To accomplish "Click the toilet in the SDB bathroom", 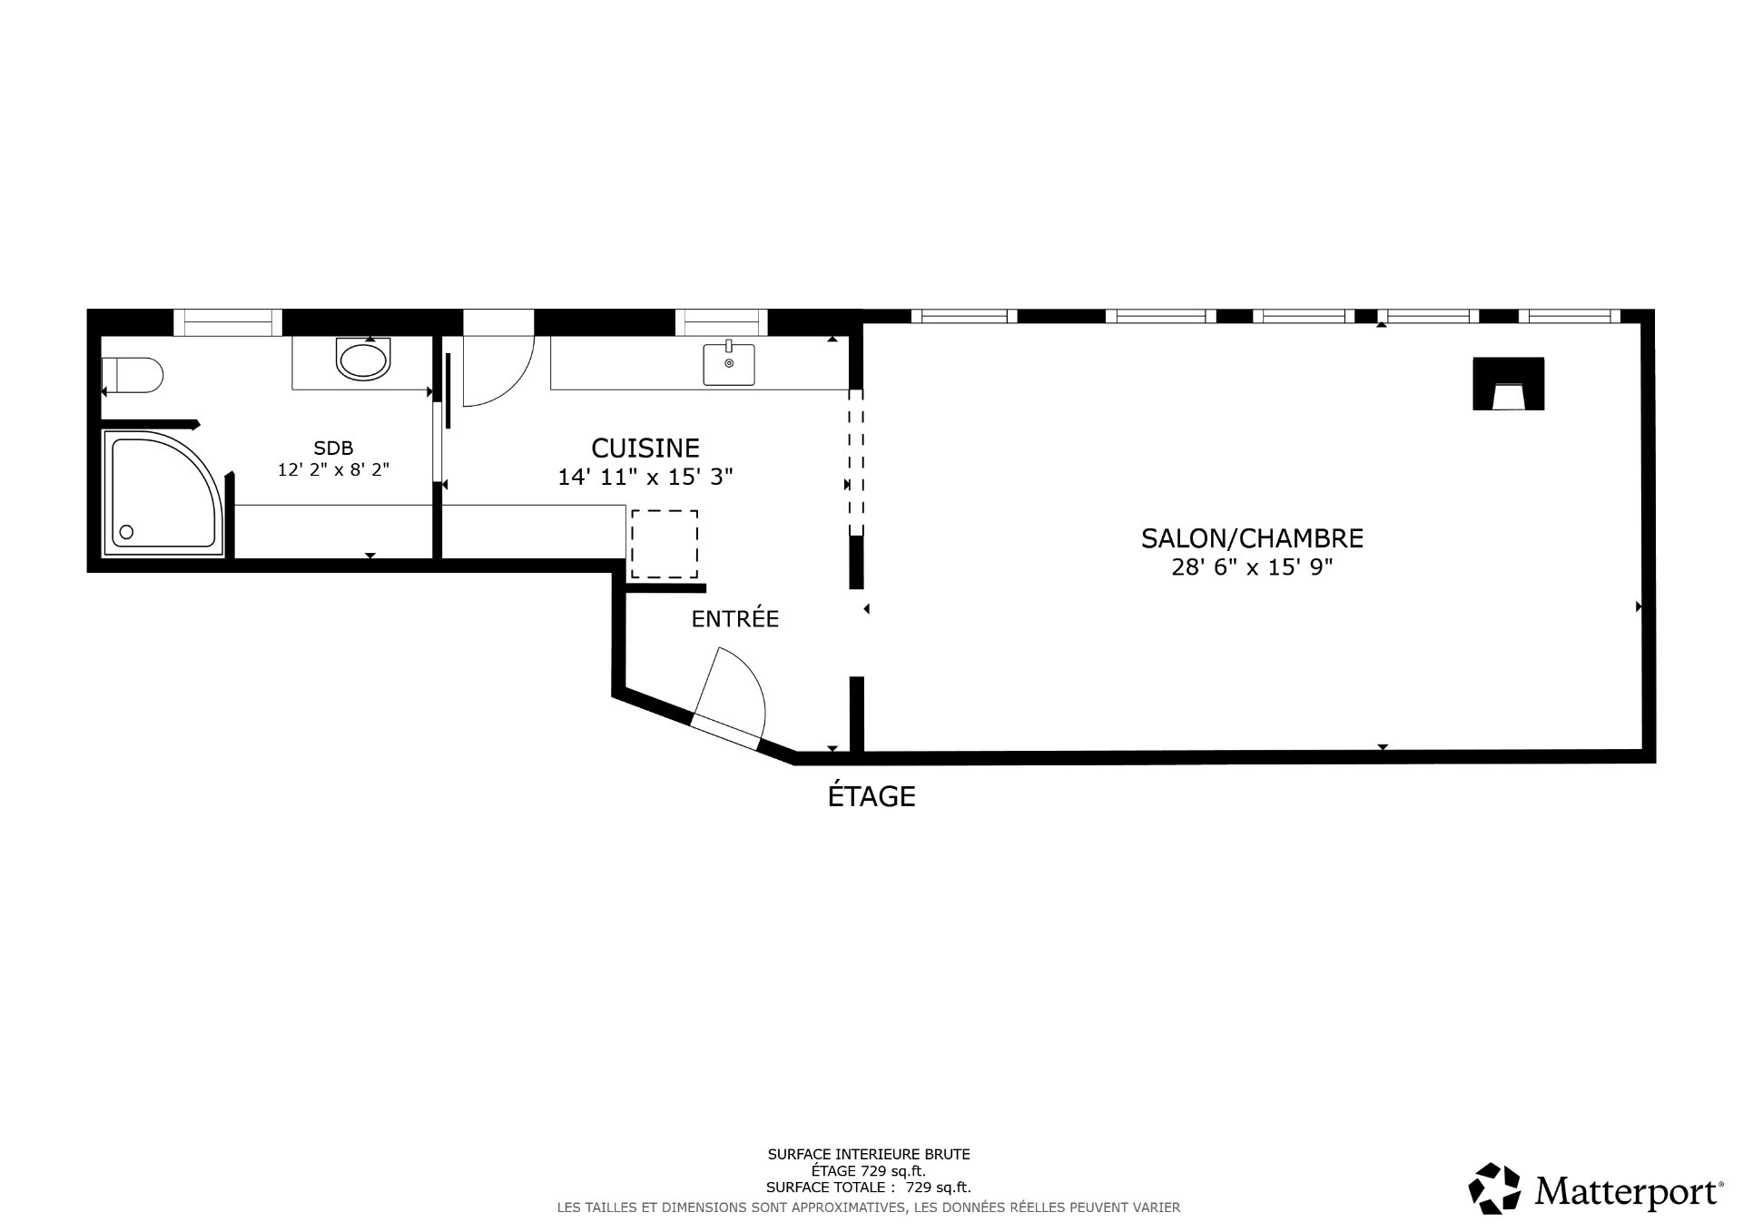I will tap(133, 375).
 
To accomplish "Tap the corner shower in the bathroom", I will tap(162, 492).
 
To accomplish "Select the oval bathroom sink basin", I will tap(363, 360).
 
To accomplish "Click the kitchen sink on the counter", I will tap(728, 364).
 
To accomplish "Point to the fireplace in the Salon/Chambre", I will tap(1508, 385).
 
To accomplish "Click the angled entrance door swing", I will tap(732, 695).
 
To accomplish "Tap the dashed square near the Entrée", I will tap(665, 544).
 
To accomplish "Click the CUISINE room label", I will tap(645, 448).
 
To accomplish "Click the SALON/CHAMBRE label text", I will tap(1252, 539).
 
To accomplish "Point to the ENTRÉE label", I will tap(735, 619).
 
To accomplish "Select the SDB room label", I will tap(333, 448).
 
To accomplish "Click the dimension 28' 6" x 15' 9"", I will tap(1252, 568).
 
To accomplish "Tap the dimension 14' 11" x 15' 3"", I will tap(645, 478).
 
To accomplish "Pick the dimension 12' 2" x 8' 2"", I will tap(333, 470).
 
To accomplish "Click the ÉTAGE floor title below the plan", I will tap(871, 797).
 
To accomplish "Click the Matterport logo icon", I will tap(1494, 1188).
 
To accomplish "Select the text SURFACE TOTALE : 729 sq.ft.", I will tap(868, 1187).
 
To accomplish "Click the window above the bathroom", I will tap(227, 322).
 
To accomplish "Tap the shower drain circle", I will tap(126, 532).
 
